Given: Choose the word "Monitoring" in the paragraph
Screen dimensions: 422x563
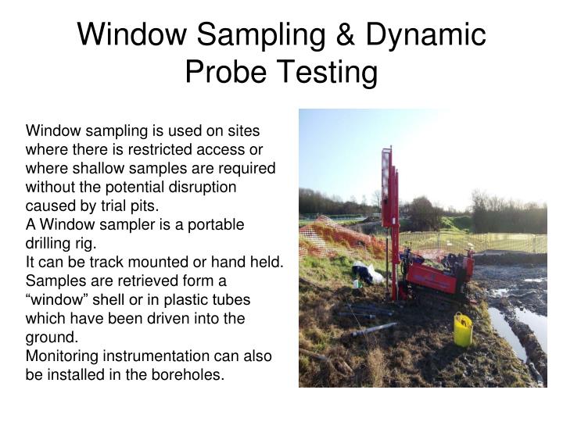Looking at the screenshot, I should pos(64,356).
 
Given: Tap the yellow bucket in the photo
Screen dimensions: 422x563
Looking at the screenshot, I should pos(463,330).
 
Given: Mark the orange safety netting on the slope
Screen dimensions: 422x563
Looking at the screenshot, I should pos(332,238).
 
